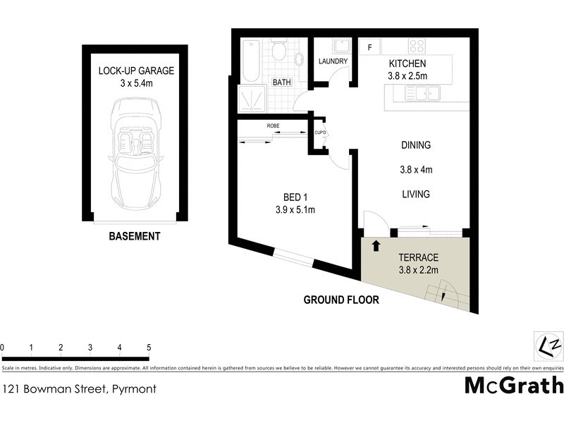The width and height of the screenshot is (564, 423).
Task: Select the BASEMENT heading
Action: [x=134, y=236]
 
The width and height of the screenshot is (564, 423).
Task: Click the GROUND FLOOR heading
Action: [x=341, y=300]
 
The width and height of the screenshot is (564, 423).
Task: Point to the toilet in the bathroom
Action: [x=278, y=51]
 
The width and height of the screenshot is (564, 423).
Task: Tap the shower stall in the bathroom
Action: [x=250, y=98]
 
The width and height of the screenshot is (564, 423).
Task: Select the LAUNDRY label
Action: [x=333, y=61]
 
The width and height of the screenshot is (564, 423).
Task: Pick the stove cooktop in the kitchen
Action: [x=417, y=46]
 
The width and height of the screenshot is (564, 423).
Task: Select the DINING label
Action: [x=415, y=145]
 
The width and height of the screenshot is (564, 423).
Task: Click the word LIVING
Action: [x=415, y=194]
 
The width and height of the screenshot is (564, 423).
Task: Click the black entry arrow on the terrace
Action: [x=376, y=246]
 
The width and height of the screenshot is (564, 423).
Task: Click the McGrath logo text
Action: [x=513, y=385]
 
